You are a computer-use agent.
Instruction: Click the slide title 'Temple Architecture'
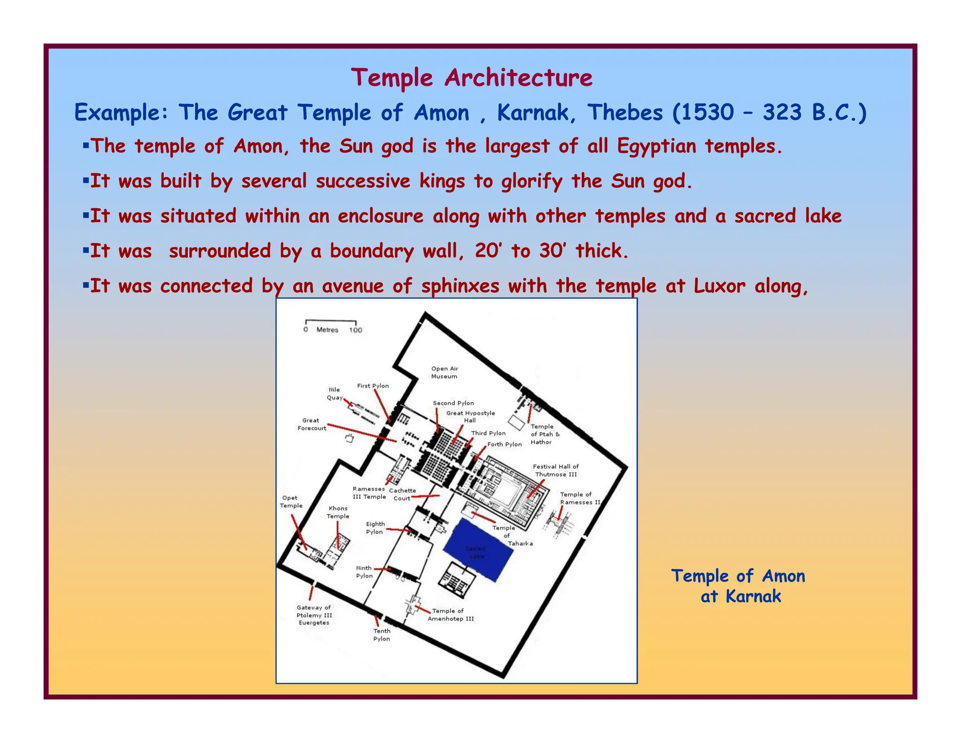click(472, 77)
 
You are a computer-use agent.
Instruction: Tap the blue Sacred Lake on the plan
click(478, 550)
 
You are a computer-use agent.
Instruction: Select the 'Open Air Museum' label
click(444, 372)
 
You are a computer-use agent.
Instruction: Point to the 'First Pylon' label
click(373, 386)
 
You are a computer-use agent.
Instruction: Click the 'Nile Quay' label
click(335, 394)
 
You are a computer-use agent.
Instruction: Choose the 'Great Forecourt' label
click(312, 424)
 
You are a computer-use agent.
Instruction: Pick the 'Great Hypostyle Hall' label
click(470, 417)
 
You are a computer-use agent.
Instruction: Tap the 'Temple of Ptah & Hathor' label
click(544, 434)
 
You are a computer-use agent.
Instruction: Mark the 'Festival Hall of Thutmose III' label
click(556, 471)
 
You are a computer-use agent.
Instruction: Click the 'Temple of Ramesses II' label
click(580, 498)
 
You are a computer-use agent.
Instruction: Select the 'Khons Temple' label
click(338, 512)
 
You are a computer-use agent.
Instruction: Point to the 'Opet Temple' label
click(291, 502)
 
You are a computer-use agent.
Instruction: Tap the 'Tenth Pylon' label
click(381, 635)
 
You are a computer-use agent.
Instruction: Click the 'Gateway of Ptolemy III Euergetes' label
click(314, 615)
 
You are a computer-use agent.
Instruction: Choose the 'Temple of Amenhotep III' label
click(451, 615)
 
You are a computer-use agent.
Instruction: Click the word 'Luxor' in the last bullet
click(719, 286)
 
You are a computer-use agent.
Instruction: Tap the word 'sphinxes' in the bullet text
click(460, 286)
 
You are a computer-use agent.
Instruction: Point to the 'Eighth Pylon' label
click(375, 528)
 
